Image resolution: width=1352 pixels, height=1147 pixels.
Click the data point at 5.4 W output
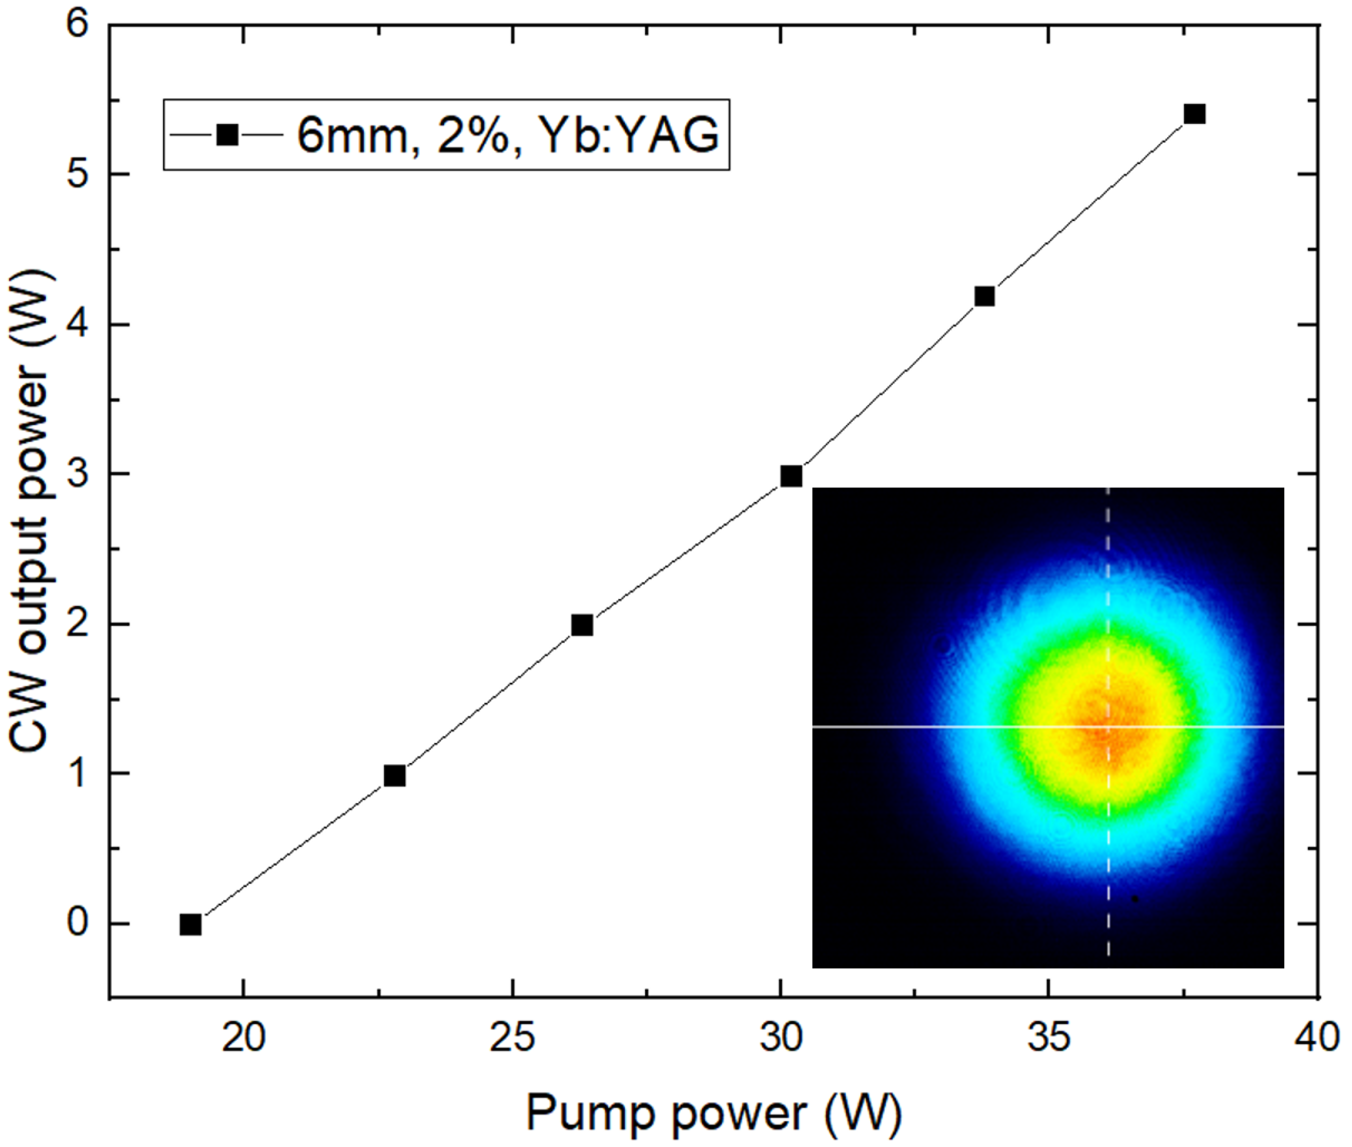click(x=1195, y=114)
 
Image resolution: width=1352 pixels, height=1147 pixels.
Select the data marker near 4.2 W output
click(x=985, y=297)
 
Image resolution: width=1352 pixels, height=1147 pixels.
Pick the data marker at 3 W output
click(x=791, y=477)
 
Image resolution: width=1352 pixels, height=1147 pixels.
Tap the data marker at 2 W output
click(x=582, y=625)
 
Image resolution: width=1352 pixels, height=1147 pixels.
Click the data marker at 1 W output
click(x=395, y=776)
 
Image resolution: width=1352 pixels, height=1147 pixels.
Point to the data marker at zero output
click(x=191, y=924)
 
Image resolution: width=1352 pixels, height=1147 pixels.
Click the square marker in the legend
click(x=227, y=135)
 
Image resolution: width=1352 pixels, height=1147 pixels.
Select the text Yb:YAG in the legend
click(x=629, y=135)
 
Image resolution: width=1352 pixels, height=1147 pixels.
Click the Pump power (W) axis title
click(x=714, y=1113)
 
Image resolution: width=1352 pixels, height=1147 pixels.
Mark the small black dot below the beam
click(x=1135, y=899)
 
